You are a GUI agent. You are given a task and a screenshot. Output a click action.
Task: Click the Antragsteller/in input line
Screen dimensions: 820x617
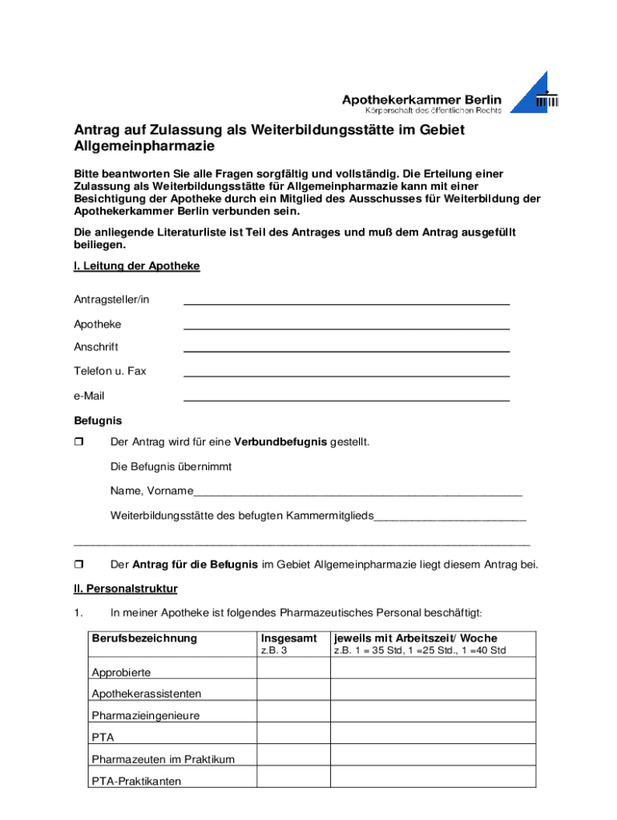pyautogui.click(x=346, y=302)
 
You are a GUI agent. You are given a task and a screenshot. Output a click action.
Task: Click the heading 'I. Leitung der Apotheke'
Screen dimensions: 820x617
pyautogui.click(x=136, y=266)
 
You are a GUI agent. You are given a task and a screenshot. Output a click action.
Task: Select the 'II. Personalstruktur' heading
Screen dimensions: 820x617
pyautogui.click(x=126, y=589)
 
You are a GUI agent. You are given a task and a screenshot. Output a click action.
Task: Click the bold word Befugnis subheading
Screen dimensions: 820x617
pyautogui.click(x=98, y=420)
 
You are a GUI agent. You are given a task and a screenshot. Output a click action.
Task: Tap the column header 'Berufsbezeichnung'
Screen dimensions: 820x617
pyautogui.click(x=144, y=638)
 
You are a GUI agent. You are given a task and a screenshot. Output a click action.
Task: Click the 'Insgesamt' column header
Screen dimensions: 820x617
pyautogui.click(x=288, y=638)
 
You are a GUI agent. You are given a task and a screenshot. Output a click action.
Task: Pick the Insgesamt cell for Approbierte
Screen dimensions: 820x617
pyautogui.click(x=292, y=669)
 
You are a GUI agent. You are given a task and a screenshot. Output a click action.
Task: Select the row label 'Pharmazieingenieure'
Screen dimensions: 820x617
pyautogui.click(x=145, y=715)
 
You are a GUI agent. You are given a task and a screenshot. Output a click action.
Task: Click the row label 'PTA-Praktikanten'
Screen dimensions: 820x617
pyautogui.click(x=136, y=781)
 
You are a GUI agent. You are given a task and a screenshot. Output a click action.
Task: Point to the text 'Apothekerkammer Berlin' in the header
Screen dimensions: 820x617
pyautogui.click(x=421, y=99)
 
